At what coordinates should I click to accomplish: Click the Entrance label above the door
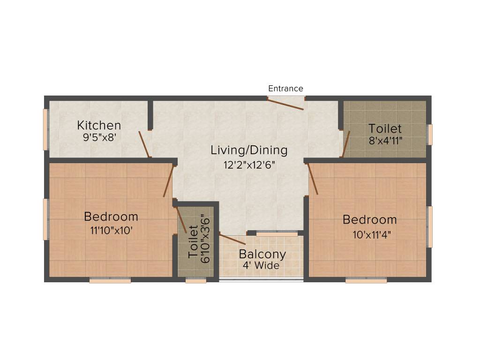point(285,89)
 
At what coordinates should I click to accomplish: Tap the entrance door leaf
point(285,104)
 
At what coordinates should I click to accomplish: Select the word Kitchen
point(99,126)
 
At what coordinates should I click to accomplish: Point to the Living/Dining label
point(248,150)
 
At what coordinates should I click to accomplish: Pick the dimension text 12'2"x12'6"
point(248,165)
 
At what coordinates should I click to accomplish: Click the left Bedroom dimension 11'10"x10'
point(111,231)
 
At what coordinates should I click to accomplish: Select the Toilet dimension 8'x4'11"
point(385,141)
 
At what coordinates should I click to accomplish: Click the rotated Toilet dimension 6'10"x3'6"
point(204,238)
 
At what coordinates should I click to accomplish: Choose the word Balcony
point(262,255)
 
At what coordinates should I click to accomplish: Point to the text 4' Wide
point(261,266)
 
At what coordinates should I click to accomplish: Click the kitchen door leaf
point(144,144)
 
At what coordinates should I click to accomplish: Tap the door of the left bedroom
point(168,181)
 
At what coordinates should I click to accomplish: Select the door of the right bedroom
point(313,179)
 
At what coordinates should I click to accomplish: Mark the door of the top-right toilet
point(346,144)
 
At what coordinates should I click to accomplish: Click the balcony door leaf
point(232,240)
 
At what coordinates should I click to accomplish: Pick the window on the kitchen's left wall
point(46,130)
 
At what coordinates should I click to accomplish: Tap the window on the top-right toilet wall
point(429,135)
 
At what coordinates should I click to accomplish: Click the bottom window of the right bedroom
point(366,280)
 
